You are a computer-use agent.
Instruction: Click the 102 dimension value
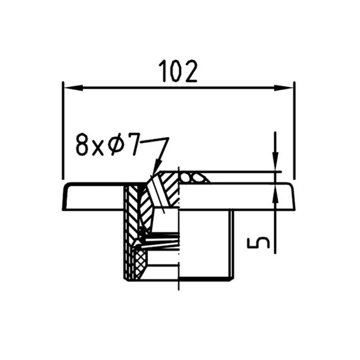[x=178, y=71]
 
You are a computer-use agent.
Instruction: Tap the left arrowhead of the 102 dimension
[x=73, y=88]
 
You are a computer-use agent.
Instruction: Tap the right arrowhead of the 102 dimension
[x=284, y=88]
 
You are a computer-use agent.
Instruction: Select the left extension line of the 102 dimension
[x=63, y=130]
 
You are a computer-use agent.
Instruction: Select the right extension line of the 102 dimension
[x=294, y=130]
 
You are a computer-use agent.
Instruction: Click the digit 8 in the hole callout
[x=83, y=145]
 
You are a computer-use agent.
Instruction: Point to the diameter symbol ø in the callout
[x=115, y=145]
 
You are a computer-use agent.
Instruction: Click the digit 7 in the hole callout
[x=133, y=145]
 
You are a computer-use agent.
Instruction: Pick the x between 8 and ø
[x=98, y=148]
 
